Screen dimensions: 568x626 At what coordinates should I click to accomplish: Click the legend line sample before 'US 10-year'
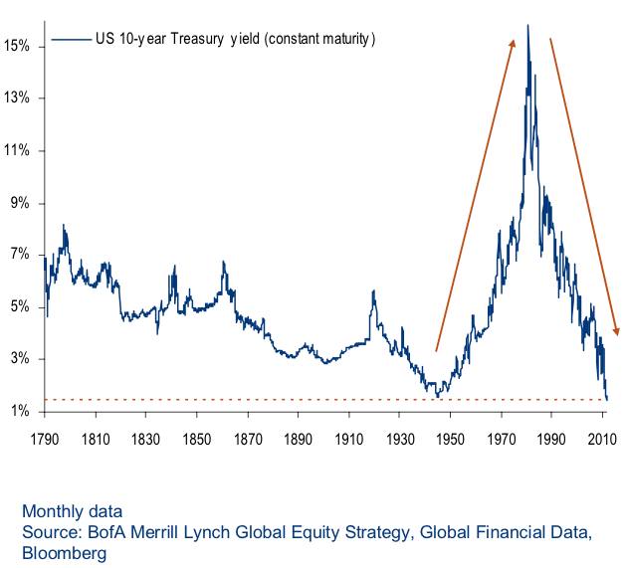tap(70, 40)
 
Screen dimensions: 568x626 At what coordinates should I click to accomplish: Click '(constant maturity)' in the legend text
tap(317, 40)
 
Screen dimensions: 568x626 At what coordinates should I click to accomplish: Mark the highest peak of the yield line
tap(527, 26)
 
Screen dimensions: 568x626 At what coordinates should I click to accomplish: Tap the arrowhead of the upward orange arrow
tap(513, 43)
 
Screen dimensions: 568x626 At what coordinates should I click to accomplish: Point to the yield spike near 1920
tap(373, 291)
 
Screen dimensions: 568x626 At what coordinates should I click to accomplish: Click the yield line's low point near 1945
tap(437, 396)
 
